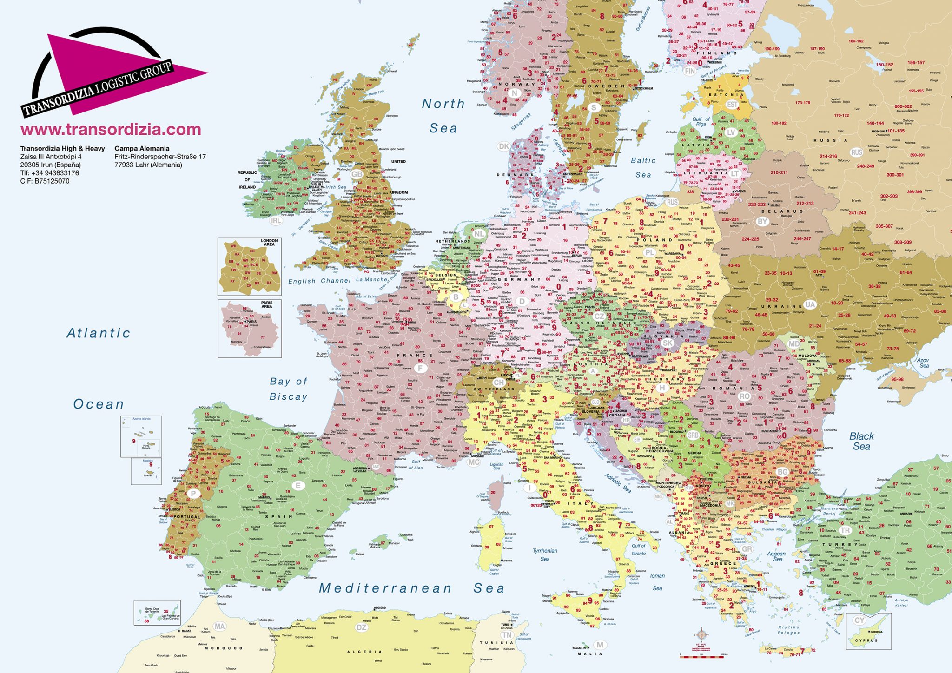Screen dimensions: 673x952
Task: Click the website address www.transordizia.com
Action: (111, 130)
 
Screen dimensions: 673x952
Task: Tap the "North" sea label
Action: (443, 104)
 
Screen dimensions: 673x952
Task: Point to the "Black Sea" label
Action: (861, 442)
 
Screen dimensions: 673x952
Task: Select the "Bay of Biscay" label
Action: (288, 389)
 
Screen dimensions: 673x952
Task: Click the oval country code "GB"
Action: (357, 174)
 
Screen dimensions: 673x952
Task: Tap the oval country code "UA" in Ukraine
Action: (810, 304)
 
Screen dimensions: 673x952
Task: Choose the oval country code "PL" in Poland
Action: (649, 252)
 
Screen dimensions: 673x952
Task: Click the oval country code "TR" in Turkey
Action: (845, 530)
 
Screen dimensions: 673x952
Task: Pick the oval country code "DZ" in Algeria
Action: (362, 627)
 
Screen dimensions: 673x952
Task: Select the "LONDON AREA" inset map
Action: (250, 267)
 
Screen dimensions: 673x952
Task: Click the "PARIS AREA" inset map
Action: (250, 328)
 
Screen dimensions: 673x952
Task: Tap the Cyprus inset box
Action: (868, 631)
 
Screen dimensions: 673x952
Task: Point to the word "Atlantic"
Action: (98, 333)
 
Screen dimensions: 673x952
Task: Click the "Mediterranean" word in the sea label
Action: (385, 588)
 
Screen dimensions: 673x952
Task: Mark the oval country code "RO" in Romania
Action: (744, 396)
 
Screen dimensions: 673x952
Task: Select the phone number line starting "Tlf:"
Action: (49, 173)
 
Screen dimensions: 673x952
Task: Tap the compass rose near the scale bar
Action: (701, 634)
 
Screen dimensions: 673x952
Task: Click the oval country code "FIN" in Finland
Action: (690, 71)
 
